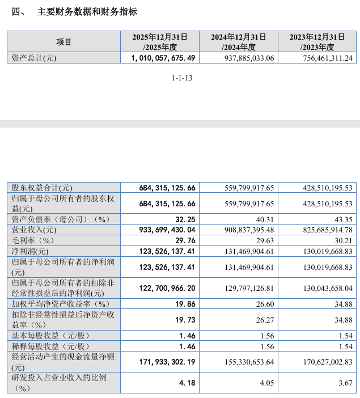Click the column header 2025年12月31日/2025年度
160,42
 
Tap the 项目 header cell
64,42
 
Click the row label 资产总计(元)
35,58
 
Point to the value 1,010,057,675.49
163,58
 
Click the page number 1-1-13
183,79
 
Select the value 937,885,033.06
242,58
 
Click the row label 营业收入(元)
35,230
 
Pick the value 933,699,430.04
167,230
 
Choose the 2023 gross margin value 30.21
342,240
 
